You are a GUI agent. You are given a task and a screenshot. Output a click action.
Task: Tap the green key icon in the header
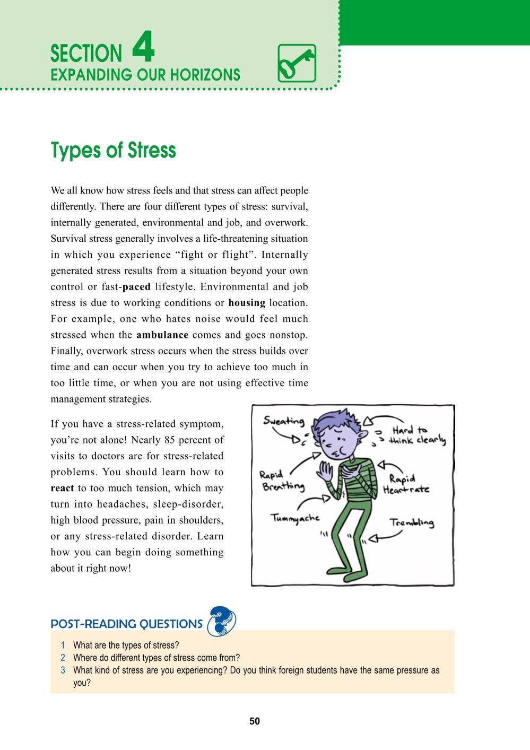297,63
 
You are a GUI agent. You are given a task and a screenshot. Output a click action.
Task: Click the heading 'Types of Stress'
113,151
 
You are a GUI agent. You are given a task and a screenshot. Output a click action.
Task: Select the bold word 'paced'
136,287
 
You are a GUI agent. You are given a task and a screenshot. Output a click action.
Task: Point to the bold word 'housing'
247,303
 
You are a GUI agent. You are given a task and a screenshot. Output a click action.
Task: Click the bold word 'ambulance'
162,335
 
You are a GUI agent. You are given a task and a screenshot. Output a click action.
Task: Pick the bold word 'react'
62,488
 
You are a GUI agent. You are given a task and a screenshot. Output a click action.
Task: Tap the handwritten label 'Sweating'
284,421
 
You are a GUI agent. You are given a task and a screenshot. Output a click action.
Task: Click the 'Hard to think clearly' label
416,435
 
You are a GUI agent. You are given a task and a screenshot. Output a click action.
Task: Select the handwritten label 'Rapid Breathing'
283,480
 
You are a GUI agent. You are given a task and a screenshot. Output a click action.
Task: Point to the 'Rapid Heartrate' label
406,484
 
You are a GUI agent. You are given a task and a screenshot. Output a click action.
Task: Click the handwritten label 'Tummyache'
296,518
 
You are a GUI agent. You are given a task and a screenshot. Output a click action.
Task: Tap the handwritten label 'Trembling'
412,522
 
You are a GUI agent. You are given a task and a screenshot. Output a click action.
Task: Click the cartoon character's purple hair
338,420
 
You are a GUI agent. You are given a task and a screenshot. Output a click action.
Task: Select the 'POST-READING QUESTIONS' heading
126,624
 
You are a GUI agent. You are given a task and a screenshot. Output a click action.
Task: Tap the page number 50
255,721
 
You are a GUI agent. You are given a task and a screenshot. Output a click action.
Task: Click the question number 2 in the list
63,658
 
